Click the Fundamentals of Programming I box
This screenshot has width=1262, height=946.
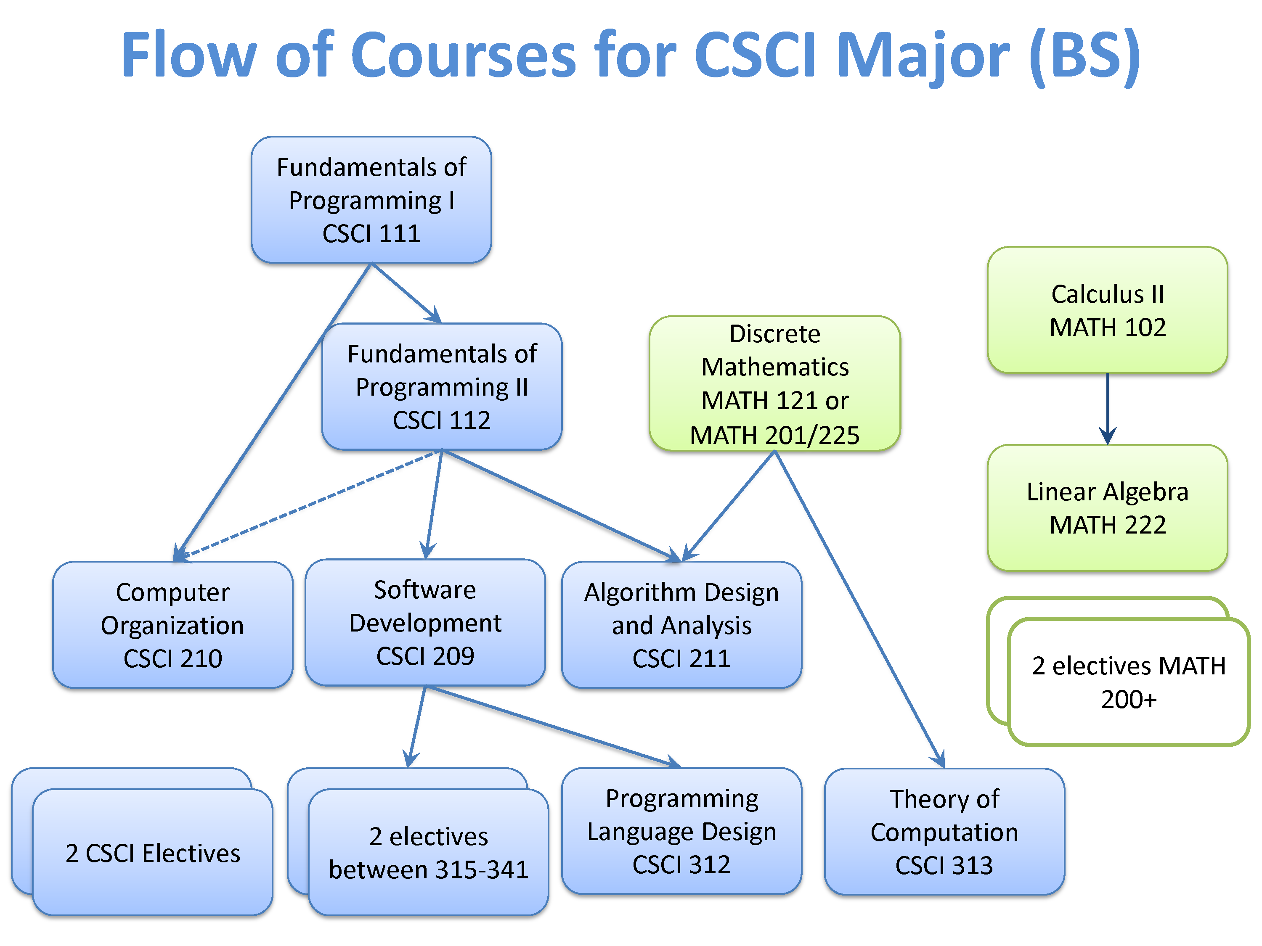click(371, 200)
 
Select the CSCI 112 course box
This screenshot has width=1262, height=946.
click(442, 387)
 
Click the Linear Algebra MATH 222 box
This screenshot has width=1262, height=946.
click(1107, 507)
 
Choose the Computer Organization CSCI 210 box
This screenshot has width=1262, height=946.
click(172, 625)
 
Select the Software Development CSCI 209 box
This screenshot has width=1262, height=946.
click(425, 622)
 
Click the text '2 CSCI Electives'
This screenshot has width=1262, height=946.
click(152, 853)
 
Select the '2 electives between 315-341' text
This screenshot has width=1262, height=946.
click(429, 853)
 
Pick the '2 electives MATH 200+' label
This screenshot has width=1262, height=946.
click(1129, 682)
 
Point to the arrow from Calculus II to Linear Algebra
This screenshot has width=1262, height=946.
click(1107, 408)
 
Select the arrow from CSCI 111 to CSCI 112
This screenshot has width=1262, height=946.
click(406, 293)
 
